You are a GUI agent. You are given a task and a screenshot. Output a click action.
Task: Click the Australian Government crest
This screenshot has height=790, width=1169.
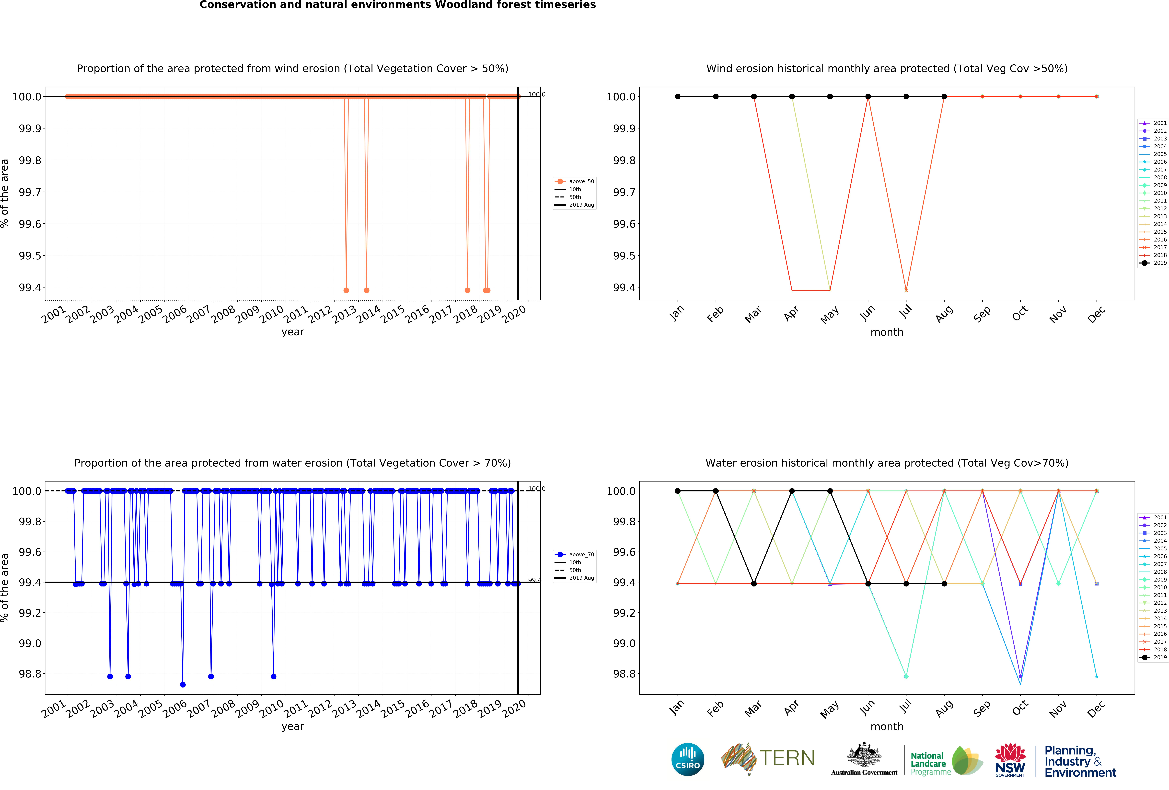click(864, 754)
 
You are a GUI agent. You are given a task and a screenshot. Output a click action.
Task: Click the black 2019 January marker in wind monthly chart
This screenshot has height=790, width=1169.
click(678, 97)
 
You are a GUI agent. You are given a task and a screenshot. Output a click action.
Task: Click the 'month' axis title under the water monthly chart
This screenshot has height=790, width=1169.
click(887, 727)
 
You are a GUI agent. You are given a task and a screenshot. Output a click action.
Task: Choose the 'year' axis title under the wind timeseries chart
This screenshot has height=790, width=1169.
click(293, 332)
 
